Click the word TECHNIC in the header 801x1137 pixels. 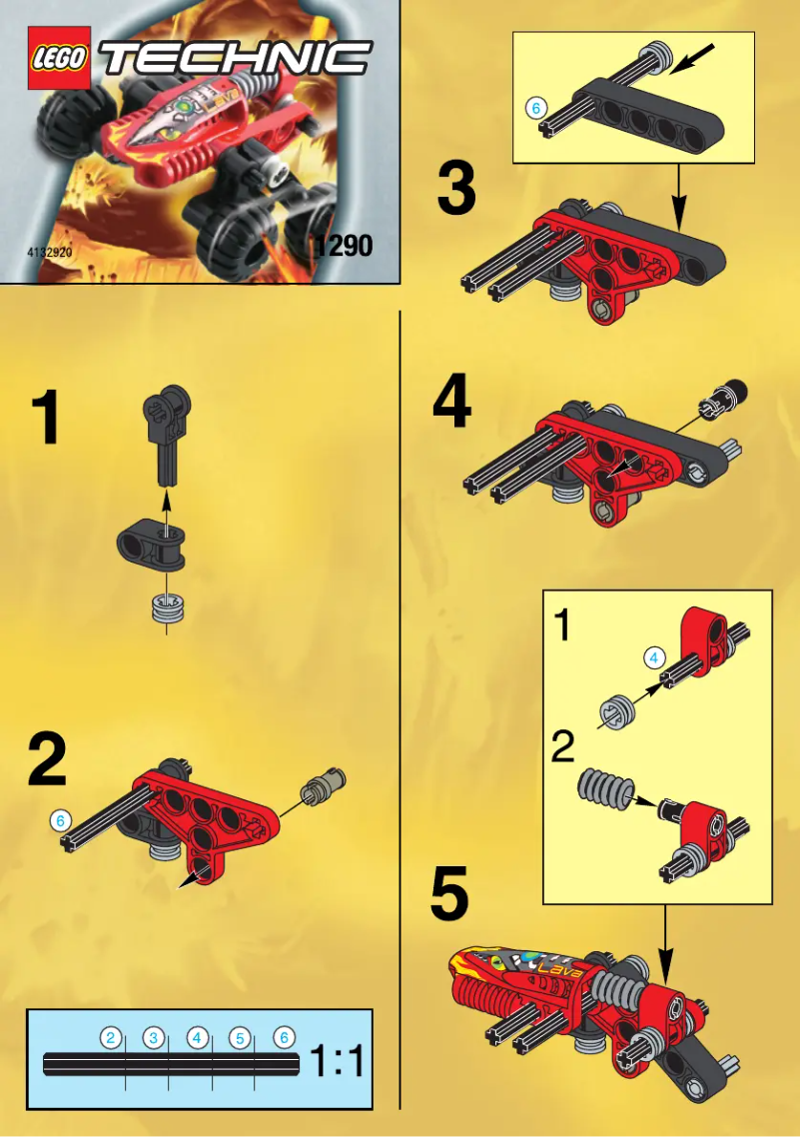coord(237,59)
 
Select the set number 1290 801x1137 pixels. coord(341,245)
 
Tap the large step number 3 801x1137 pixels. coord(455,190)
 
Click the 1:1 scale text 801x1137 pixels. coord(337,1062)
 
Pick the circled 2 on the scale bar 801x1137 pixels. coord(112,1038)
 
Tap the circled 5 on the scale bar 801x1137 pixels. coord(240,1038)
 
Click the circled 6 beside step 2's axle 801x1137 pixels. coord(61,820)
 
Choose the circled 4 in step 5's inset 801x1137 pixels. coord(652,657)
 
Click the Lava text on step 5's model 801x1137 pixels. coord(555,968)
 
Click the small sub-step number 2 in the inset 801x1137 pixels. coord(564,746)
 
